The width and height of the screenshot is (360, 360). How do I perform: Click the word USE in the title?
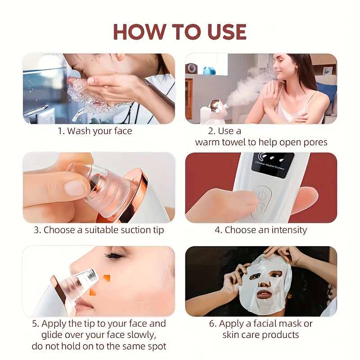(x=227, y=31)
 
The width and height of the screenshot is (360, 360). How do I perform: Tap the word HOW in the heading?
(x=140, y=31)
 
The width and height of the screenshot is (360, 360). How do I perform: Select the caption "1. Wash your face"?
(x=95, y=131)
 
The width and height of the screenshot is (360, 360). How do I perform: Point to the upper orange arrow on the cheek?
(x=107, y=278)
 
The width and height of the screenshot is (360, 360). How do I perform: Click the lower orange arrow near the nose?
(x=92, y=292)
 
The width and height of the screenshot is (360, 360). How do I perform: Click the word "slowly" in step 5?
(x=142, y=335)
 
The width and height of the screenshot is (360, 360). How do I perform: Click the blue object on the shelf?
(x=209, y=70)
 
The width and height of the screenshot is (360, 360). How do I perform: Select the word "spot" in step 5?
(x=156, y=346)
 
